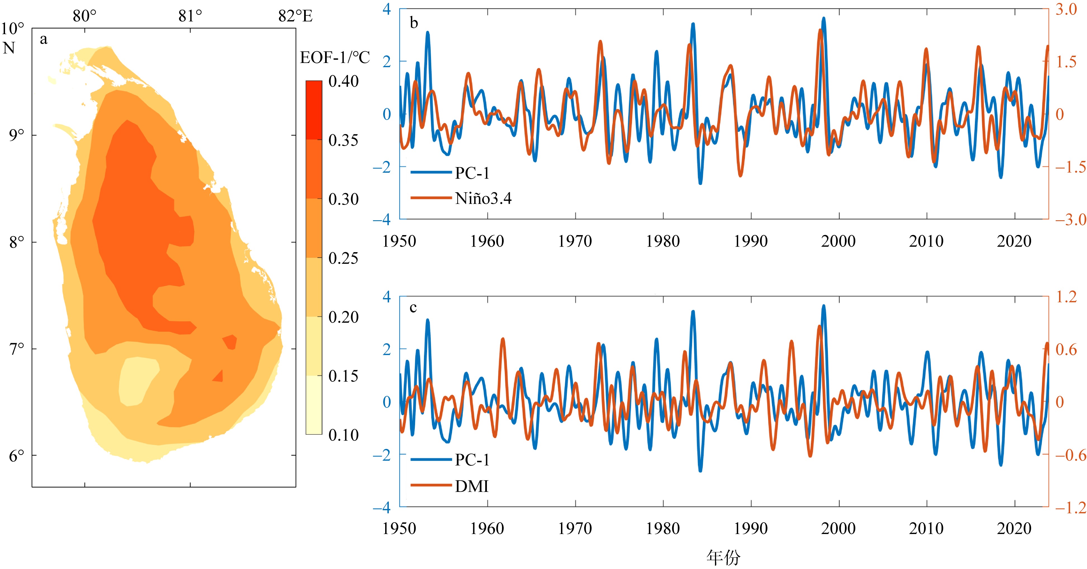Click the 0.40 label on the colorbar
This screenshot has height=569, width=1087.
344,81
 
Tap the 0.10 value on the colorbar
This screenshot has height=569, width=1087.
344,435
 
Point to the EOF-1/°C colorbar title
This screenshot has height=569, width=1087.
335,57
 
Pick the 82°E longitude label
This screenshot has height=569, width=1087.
295,16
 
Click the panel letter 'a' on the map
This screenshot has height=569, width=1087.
43,40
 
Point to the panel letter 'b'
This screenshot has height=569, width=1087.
414,23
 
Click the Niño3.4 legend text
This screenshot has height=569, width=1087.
483,198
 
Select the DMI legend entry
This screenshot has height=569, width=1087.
471,486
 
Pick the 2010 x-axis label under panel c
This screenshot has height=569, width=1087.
926,528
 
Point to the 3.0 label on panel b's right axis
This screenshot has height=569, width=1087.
1066,9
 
